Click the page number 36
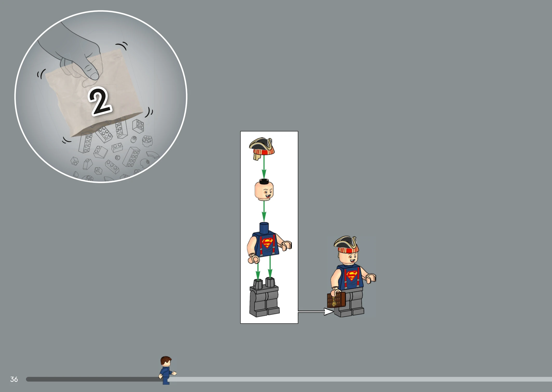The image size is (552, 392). click(14, 379)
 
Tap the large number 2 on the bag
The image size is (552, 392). click(100, 101)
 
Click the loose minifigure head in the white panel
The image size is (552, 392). click(264, 190)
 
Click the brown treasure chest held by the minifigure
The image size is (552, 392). click(336, 300)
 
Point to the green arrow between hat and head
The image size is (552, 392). click(264, 167)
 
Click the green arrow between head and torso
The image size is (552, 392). click(264, 211)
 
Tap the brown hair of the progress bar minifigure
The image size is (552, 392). click(166, 360)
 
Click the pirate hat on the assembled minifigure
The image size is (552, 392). click(346, 244)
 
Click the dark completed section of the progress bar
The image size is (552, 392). click(93, 379)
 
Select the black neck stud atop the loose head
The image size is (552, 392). click(264, 181)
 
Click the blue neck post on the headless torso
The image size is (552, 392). click(264, 227)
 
